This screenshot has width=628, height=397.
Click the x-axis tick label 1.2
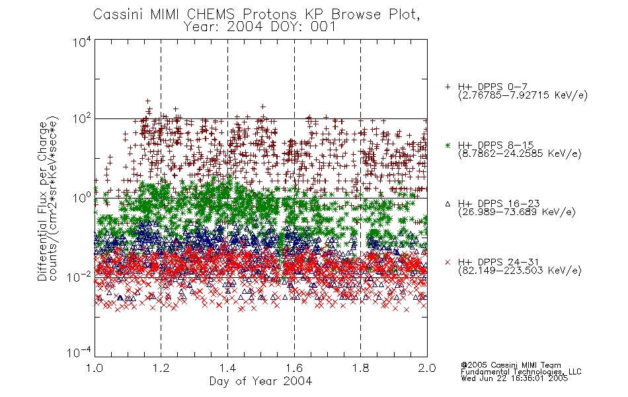pyautogui.click(x=161, y=368)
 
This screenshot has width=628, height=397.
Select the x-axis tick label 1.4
pyautogui.click(x=227, y=368)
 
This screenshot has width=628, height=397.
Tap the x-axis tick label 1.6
pyautogui.click(x=294, y=368)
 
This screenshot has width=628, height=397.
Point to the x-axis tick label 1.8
pyautogui.click(x=360, y=368)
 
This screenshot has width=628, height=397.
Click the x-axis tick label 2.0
pyautogui.click(x=427, y=368)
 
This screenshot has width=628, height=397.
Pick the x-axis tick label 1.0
pyautogui.click(x=95, y=368)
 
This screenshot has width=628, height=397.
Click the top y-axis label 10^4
pyautogui.click(x=82, y=42)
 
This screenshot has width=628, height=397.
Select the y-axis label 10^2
pyautogui.click(x=82, y=118)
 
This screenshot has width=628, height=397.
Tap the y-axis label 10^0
pyautogui.click(x=82, y=198)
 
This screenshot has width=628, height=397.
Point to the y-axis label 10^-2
pyautogui.click(x=79, y=277)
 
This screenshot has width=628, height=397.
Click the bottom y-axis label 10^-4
pyautogui.click(x=79, y=353)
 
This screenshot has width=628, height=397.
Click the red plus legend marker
pyautogui.click(x=448, y=87)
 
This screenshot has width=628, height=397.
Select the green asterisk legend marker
pyautogui.click(x=448, y=145)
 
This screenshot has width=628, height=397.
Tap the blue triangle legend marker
pyautogui.click(x=448, y=204)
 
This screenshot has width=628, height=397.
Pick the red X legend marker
pyautogui.click(x=448, y=262)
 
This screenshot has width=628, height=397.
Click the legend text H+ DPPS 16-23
pyautogui.click(x=498, y=203)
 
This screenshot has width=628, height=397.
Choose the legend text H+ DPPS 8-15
pyautogui.click(x=496, y=145)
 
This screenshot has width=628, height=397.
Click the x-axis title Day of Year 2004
pyautogui.click(x=260, y=381)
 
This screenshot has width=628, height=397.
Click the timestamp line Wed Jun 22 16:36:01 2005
pyautogui.click(x=514, y=378)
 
